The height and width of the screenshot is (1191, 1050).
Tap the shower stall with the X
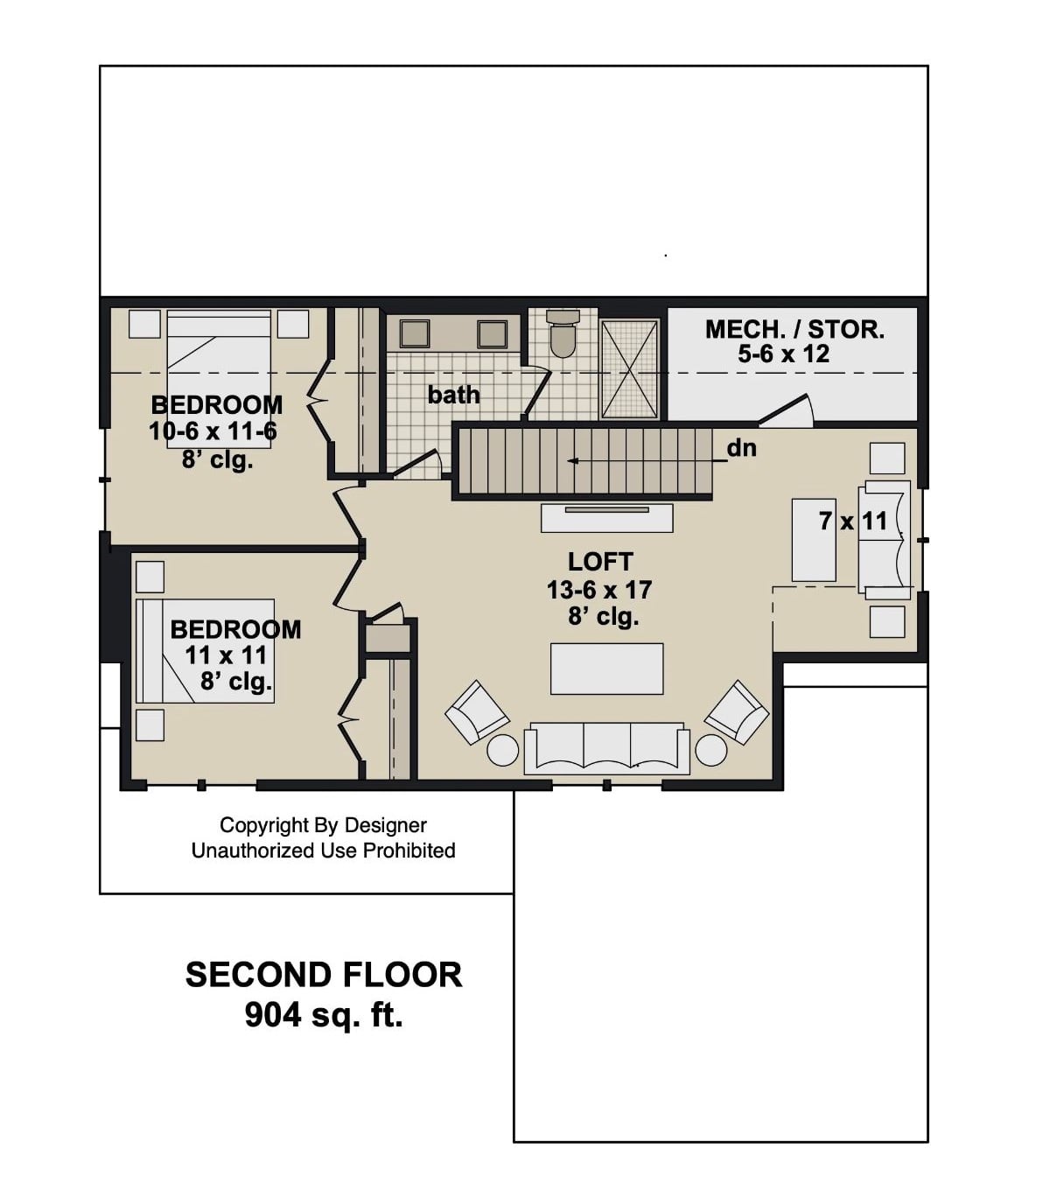(629, 369)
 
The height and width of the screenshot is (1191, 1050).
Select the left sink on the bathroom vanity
(414, 333)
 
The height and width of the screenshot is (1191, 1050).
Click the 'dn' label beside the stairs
(741, 448)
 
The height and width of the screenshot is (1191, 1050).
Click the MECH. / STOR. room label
(794, 329)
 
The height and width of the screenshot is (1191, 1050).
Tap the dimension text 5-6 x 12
(783, 354)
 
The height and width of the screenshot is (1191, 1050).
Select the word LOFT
(599, 562)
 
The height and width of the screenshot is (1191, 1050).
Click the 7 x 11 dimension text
(852, 522)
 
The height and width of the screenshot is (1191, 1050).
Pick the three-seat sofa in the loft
(606, 748)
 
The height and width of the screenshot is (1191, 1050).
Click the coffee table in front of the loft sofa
(606, 669)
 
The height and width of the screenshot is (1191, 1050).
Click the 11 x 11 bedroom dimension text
(226, 655)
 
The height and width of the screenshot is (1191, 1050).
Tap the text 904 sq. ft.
(323, 1015)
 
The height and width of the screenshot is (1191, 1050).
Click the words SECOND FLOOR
(323, 975)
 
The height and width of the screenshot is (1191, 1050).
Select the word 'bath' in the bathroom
(453, 396)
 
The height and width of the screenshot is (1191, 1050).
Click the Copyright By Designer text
(323, 825)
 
